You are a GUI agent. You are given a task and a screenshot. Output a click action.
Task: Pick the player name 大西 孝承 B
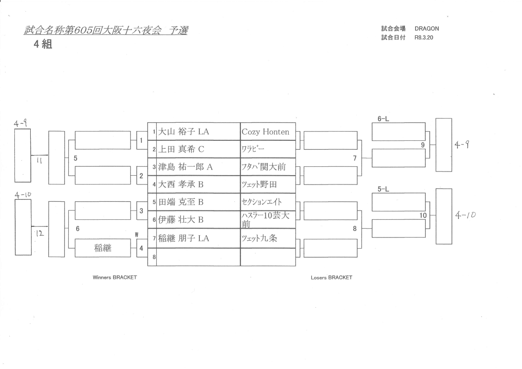(x=182, y=185)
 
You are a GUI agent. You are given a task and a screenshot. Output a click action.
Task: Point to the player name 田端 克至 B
(x=182, y=203)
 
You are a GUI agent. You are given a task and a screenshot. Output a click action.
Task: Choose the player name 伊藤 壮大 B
(x=182, y=220)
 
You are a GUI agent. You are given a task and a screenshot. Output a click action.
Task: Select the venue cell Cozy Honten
(x=265, y=132)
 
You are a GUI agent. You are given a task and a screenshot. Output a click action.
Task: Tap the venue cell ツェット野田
(x=259, y=185)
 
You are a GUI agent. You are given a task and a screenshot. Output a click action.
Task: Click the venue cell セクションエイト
(x=262, y=203)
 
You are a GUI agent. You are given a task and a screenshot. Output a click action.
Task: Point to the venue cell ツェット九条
(x=259, y=239)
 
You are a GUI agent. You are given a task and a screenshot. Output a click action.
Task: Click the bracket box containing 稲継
(x=103, y=248)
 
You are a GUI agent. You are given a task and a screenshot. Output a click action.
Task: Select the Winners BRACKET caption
(x=115, y=277)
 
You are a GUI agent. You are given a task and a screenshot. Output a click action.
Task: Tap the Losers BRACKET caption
(x=331, y=277)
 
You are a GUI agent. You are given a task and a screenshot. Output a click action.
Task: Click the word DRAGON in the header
(x=427, y=29)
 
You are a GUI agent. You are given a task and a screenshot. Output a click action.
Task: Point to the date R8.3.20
(x=424, y=38)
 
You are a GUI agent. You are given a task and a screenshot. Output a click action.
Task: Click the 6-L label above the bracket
(x=383, y=119)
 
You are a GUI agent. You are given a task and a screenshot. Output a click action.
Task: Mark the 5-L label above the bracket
(x=383, y=189)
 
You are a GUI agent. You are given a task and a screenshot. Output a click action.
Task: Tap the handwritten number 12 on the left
(x=41, y=236)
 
